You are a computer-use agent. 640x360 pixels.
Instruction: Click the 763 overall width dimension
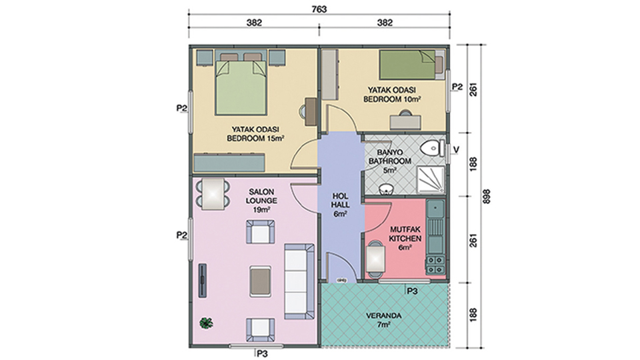click(319, 9)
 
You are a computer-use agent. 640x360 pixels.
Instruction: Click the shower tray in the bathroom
click(430, 180)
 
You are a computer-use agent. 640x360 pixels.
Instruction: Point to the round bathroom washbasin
click(385, 189)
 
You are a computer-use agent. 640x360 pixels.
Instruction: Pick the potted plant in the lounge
click(206, 323)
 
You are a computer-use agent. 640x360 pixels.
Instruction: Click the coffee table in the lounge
click(261, 281)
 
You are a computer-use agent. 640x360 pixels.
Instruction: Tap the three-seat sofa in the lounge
click(299, 281)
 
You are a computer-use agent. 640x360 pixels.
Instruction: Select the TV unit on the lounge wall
click(203, 281)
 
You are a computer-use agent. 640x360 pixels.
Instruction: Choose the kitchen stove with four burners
click(435, 265)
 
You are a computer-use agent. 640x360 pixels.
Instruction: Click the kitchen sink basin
click(435, 209)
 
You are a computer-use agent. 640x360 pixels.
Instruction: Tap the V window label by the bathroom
click(456, 150)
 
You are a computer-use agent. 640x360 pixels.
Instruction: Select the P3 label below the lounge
click(261, 353)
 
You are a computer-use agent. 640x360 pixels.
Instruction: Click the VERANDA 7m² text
click(383, 320)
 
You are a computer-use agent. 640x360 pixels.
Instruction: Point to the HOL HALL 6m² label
click(340, 205)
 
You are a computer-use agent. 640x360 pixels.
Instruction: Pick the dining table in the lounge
click(213, 194)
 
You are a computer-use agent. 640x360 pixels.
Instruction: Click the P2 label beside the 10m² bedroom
click(457, 87)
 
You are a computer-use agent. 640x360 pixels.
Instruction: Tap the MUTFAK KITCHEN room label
click(405, 234)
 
